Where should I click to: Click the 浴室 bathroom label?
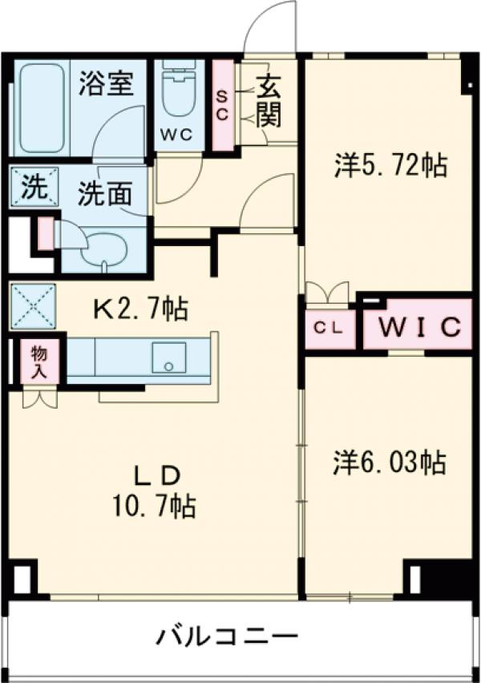pos(106,84)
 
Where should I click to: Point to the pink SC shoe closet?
pos(223,104)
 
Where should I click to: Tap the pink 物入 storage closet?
pos(38,362)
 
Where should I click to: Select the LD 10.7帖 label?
pos(156,491)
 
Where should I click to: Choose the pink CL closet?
pos(329,328)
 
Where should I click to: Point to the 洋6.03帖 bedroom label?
pos(390,463)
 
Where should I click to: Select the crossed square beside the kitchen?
pos(33,305)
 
